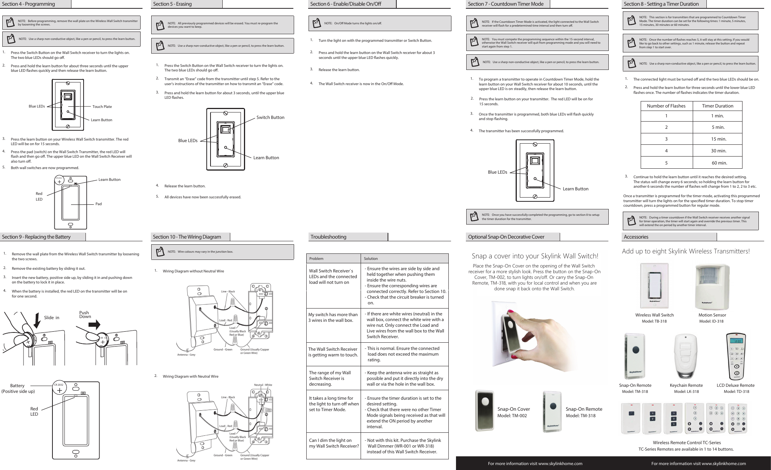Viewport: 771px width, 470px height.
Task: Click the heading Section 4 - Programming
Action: (28, 4)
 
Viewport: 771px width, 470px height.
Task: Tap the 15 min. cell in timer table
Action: (718, 139)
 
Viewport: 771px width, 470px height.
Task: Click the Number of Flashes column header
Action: (666, 106)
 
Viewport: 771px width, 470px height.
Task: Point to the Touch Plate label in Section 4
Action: (102, 107)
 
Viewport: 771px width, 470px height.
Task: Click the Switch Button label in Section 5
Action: (270, 117)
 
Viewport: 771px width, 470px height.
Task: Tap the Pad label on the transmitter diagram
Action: (98, 204)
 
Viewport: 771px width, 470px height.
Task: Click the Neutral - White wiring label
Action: (263, 385)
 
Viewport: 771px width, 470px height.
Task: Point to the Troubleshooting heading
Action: (328, 237)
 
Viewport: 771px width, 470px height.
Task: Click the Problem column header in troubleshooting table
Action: (316, 259)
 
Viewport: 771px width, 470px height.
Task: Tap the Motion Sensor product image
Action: (712, 287)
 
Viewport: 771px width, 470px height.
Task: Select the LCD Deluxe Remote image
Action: (736, 356)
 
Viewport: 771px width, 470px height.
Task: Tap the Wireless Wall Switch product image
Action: (654, 286)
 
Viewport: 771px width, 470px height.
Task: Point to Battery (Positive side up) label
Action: (18, 388)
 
